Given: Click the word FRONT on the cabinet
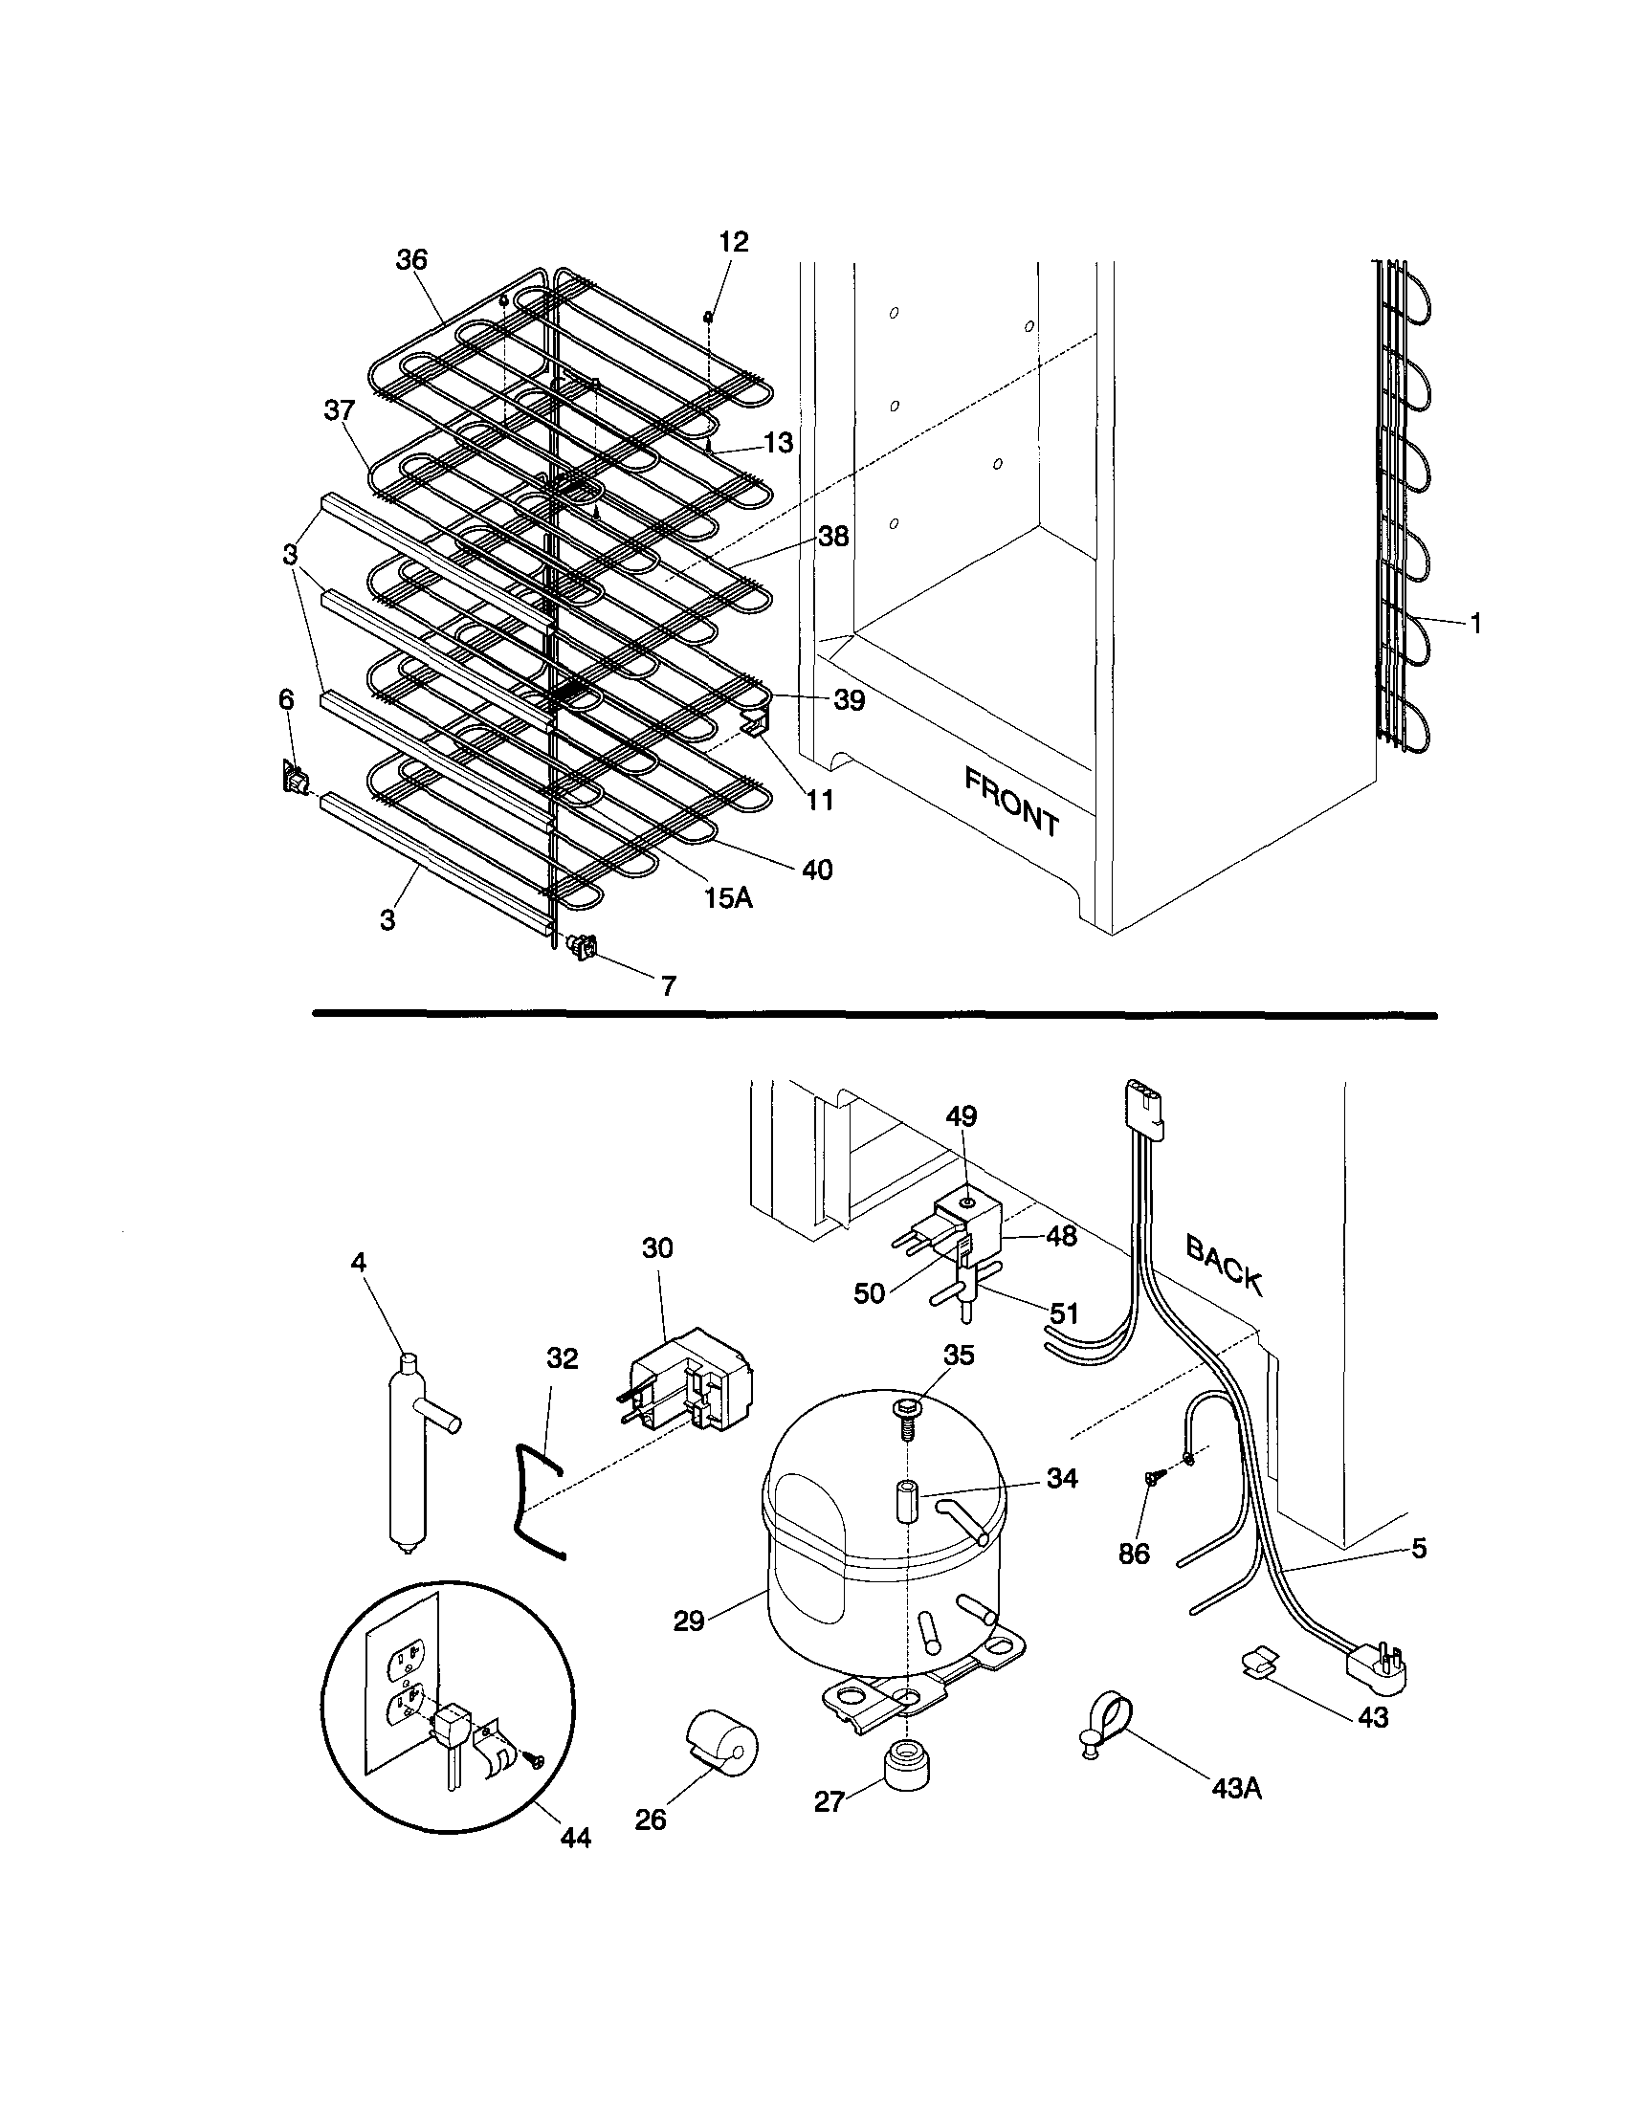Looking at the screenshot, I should (1012, 801).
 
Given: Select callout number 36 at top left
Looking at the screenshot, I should (412, 260).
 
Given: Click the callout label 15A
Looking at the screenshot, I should (728, 897).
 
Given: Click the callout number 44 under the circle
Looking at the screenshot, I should (576, 1837).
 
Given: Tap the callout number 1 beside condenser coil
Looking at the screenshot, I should (1475, 625).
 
